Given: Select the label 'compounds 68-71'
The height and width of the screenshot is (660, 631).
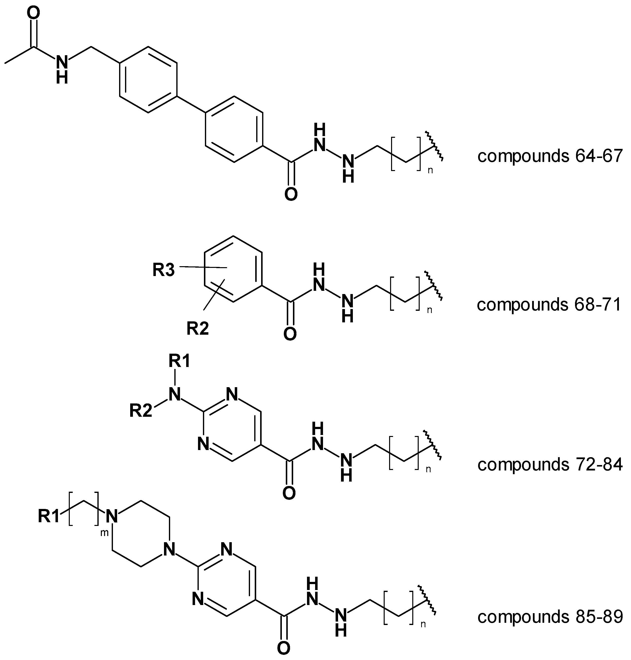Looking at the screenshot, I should pyautogui.click(x=549, y=305).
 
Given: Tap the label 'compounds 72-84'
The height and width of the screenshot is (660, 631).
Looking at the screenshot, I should pyautogui.click(x=550, y=464).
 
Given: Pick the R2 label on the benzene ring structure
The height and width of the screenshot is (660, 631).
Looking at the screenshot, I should pyautogui.click(x=198, y=329).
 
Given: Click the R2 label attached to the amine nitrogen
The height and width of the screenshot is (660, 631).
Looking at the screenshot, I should pyautogui.click(x=141, y=411).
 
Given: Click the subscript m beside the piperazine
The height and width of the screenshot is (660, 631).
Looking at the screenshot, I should pyautogui.click(x=104, y=533).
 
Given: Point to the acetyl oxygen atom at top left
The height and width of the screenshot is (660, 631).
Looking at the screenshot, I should pyautogui.click(x=33, y=14).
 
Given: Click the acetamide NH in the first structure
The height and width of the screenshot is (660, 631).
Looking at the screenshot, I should pyautogui.click(x=62, y=69).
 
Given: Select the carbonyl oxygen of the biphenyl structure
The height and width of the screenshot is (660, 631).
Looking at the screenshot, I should pyautogui.click(x=291, y=195).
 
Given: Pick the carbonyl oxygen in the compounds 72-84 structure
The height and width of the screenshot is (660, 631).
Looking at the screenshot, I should pyautogui.click(x=289, y=493).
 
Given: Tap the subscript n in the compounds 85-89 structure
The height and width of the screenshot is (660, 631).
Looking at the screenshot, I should pyautogui.click(x=423, y=624).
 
